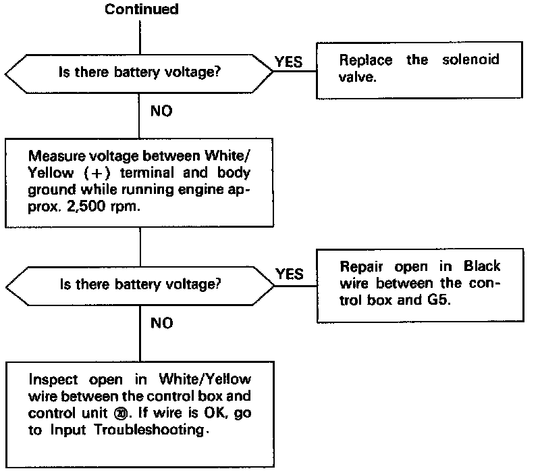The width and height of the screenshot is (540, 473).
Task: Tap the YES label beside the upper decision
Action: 289,62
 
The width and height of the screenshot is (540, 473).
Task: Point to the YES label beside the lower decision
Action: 289,274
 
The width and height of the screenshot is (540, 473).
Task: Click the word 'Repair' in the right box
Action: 363,266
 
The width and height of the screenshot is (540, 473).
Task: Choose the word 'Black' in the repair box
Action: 481,266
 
